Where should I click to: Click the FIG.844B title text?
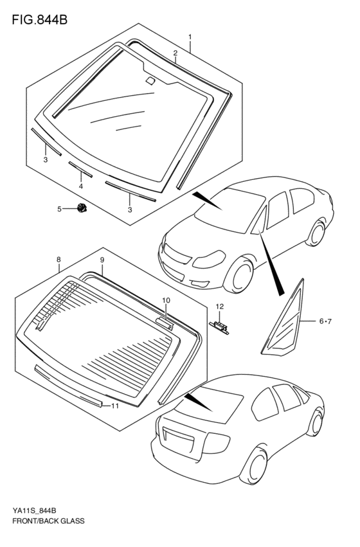point(39,20)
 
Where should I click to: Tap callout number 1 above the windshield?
point(190,37)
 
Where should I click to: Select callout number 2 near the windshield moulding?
point(175,53)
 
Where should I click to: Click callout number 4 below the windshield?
point(80,186)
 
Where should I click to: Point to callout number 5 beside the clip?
point(59,209)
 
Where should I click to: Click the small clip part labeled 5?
point(82,208)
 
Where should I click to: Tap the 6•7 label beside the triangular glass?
point(325,321)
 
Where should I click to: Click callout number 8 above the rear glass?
point(59,260)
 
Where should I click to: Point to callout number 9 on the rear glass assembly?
point(102,260)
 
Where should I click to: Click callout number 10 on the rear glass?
point(166,300)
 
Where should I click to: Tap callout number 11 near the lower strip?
point(115,406)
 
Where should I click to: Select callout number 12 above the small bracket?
point(220,307)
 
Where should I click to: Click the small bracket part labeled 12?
point(219,328)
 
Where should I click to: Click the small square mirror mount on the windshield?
point(150,80)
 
